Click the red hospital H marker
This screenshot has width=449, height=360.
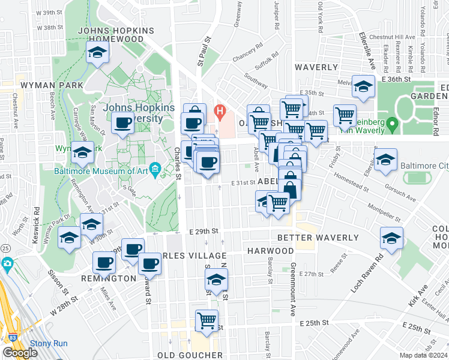tap(220, 111)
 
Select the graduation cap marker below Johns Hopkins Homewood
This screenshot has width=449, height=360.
tap(96, 53)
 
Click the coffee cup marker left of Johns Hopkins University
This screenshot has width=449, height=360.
tap(123, 123)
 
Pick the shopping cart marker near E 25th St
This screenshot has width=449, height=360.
tap(207, 320)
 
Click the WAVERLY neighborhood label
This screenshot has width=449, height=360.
tap(316, 67)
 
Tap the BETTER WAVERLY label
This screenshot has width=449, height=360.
tap(318, 238)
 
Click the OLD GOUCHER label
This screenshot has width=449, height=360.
tap(190, 355)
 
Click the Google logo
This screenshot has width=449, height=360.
tap(20, 353)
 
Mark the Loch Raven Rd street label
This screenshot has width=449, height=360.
tap(370, 274)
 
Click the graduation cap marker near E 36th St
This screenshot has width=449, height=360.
tap(363, 87)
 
